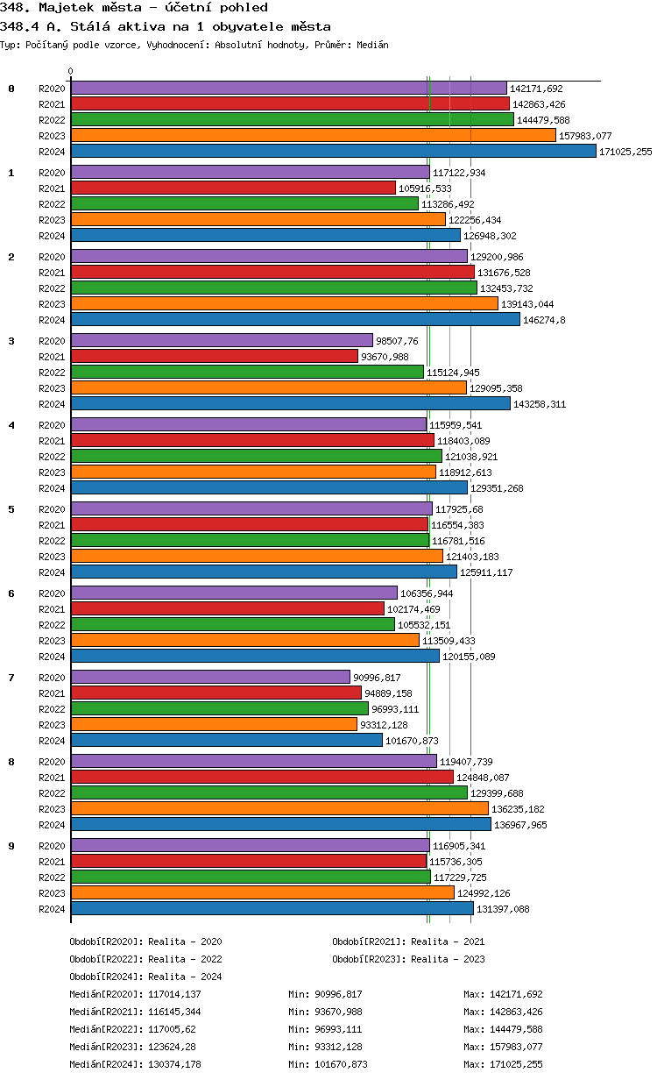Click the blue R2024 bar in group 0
pyautogui.click(x=333, y=152)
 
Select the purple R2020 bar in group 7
pyautogui.click(x=210, y=678)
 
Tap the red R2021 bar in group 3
pyautogui.click(x=215, y=357)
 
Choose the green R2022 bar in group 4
pyautogui.click(x=256, y=457)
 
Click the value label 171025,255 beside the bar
pyautogui.click(x=625, y=152)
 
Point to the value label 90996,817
pyautogui.click(x=377, y=678)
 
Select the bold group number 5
pyautogui.click(x=11, y=509)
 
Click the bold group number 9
pyautogui.click(x=11, y=846)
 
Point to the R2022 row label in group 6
pyautogui.click(x=52, y=625)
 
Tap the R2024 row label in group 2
pyautogui.click(x=52, y=320)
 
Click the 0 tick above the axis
pyautogui.click(x=71, y=72)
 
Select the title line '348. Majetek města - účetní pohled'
pyautogui.click(x=134, y=8)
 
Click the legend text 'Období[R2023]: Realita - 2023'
pyautogui.click(x=408, y=959)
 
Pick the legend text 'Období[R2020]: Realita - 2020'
pyautogui.click(x=145, y=941)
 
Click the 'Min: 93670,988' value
pyautogui.click(x=325, y=1012)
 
